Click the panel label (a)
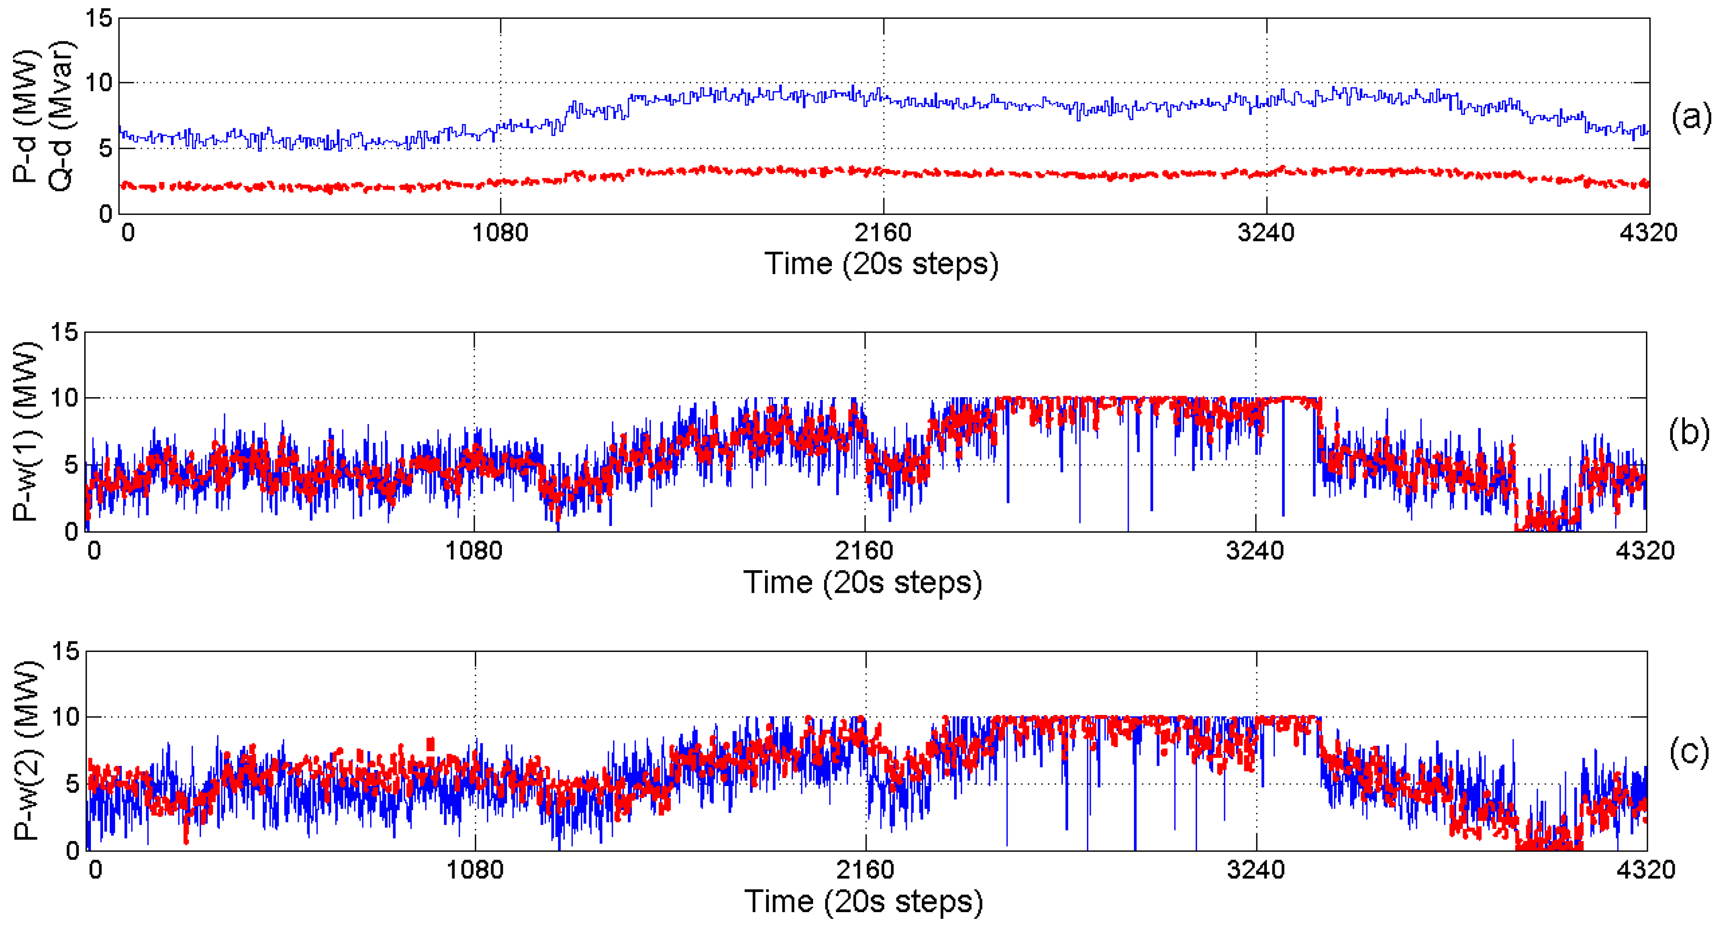tap(1690, 117)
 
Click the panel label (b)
tap(1688, 432)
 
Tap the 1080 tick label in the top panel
tap(500, 233)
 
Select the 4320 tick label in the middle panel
tap(1645, 551)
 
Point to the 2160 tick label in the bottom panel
tap(865, 870)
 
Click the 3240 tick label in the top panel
tap(1265, 233)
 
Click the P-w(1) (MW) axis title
tap(27, 432)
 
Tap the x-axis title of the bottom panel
tap(863, 902)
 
